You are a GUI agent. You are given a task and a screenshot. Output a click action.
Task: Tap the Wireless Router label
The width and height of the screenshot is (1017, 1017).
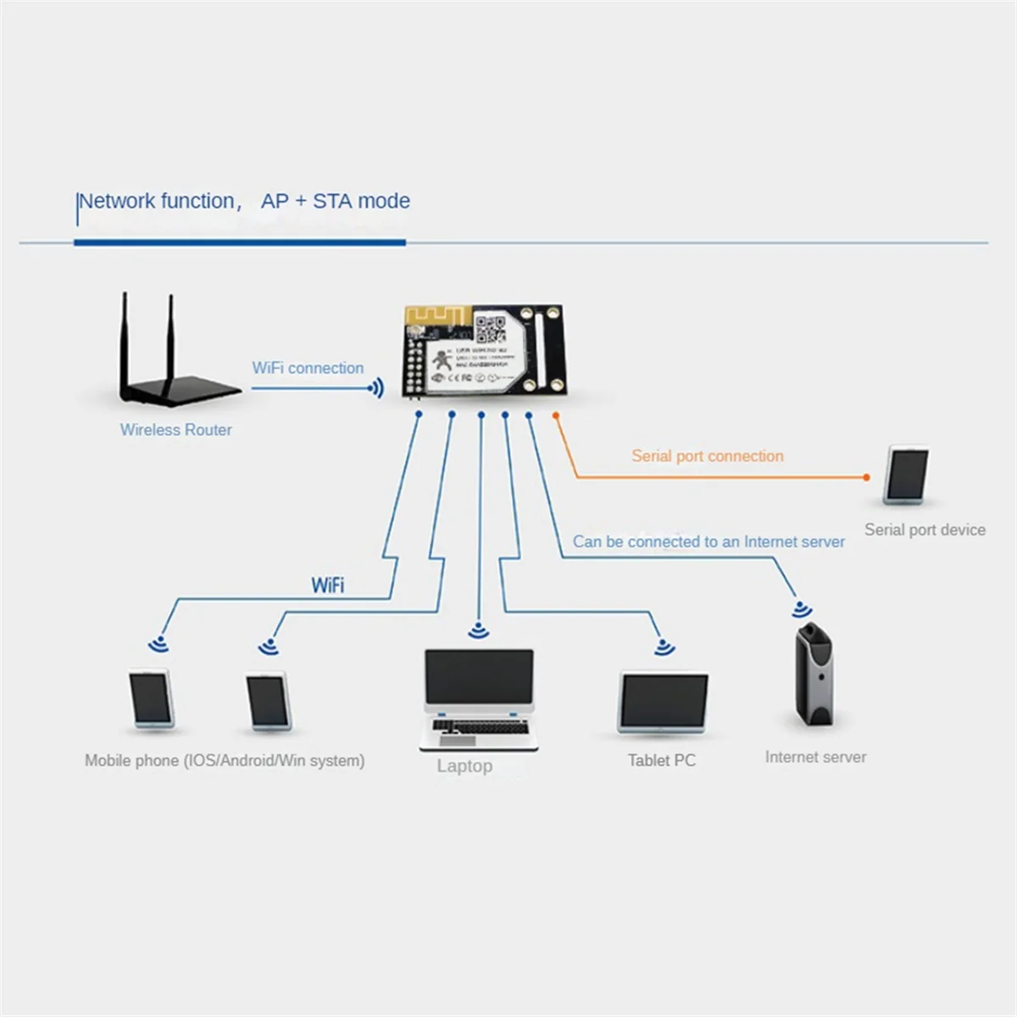click(175, 430)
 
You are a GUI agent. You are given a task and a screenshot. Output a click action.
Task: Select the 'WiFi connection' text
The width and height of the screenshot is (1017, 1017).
click(308, 368)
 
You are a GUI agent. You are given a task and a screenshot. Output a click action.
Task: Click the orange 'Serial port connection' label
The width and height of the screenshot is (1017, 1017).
click(707, 456)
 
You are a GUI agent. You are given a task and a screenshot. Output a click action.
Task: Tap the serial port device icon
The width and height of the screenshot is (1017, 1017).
click(906, 474)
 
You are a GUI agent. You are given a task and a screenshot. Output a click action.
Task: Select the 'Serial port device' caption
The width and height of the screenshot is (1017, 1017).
click(925, 530)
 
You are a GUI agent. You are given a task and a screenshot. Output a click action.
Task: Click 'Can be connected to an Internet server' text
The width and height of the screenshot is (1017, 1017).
click(709, 542)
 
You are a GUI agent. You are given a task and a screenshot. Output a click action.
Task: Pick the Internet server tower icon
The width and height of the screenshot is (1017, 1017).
click(814, 674)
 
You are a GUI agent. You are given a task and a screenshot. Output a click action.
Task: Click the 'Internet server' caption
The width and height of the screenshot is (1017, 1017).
click(815, 757)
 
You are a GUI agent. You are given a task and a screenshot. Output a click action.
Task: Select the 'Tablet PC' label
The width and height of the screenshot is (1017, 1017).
click(661, 760)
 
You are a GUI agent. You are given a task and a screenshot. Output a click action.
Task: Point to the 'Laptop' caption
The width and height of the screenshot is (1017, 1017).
click(464, 766)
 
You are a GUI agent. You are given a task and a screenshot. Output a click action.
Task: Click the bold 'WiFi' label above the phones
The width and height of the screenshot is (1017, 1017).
click(328, 585)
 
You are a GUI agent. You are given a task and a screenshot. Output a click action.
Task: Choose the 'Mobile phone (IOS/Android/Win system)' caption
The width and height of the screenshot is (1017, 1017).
click(225, 760)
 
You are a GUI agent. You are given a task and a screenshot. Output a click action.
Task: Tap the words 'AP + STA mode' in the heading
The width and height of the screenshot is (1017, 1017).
click(336, 201)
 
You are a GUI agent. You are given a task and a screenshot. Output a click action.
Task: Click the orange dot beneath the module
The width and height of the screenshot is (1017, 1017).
click(556, 415)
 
